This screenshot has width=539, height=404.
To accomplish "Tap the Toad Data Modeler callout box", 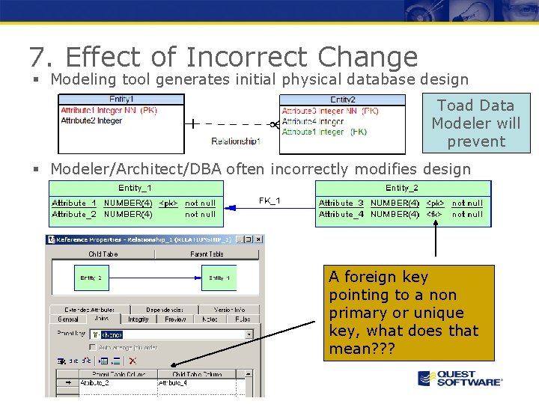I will [x=476, y=123].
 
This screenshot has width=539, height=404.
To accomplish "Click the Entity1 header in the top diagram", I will [x=121, y=99].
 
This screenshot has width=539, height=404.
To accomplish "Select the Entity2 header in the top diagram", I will [x=342, y=100].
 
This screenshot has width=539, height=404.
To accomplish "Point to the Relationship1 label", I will [x=235, y=141].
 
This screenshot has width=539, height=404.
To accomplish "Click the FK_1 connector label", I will [x=269, y=201].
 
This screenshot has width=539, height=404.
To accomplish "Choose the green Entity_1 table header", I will [x=135, y=188].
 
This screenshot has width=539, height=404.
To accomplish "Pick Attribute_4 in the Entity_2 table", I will [x=341, y=215].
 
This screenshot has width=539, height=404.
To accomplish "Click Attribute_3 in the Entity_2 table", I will [x=341, y=203].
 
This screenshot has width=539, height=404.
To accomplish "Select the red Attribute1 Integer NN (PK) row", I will [x=109, y=110].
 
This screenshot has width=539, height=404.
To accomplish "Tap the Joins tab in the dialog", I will [x=102, y=319].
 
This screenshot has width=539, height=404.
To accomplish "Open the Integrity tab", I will [x=138, y=319].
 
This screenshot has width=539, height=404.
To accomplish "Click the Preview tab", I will [x=174, y=319].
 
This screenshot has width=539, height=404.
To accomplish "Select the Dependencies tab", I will [x=165, y=309].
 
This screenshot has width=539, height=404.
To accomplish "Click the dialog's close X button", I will [x=258, y=239].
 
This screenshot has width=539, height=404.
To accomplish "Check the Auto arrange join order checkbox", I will [x=93, y=347].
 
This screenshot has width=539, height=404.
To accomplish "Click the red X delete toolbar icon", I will [x=133, y=361].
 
